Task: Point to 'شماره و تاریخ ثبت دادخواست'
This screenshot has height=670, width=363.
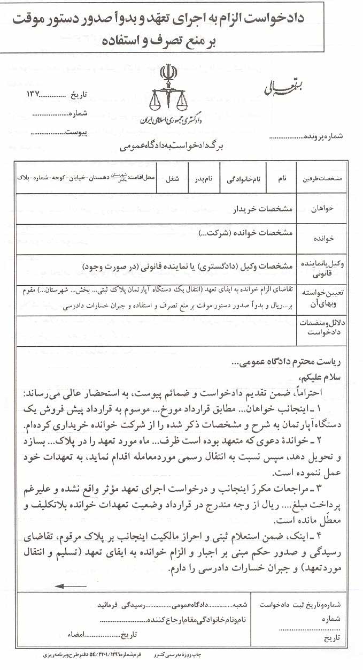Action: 303,604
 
